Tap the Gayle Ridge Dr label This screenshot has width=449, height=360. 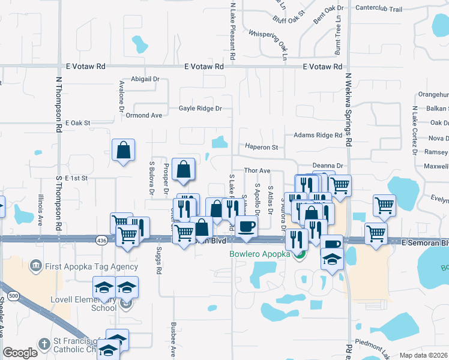click(x=200, y=109)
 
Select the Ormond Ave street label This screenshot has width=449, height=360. click(x=143, y=115)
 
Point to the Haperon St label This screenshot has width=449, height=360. click(x=261, y=147)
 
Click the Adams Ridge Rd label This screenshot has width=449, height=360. click(x=318, y=136)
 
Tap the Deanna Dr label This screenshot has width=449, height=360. click(x=327, y=166)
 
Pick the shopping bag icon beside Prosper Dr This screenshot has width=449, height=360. click(x=183, y=170)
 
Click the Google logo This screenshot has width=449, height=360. click(x=20, y=353)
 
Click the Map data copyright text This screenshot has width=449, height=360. click(x=424, y=355)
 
